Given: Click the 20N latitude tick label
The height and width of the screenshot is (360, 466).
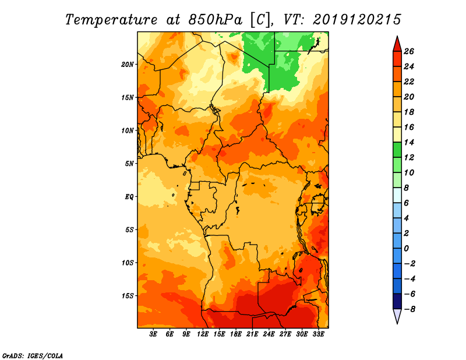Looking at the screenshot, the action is coord(127,65).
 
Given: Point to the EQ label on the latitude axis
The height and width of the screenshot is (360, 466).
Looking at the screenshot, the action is coord(129,197).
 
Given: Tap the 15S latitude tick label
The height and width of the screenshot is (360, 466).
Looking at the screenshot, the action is coord(128,296).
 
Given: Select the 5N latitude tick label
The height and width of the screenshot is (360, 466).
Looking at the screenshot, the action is coord(129,164).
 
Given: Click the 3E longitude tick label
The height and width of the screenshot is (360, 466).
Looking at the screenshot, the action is coord(153,334).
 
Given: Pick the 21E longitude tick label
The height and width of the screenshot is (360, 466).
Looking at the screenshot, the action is coord(252,334).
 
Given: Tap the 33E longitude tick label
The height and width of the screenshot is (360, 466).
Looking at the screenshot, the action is coord(318,334).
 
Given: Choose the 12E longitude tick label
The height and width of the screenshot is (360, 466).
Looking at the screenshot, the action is coord(203,334).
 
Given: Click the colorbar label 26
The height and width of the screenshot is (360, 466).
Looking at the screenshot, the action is coord(409,51).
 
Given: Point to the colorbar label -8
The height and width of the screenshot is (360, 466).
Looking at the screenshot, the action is coord(409,309).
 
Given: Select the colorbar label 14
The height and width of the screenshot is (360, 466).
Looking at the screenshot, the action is coord(409,142).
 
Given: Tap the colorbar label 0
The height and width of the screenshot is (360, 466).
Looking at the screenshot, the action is coord(406,249).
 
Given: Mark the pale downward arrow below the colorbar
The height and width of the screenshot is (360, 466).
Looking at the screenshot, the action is coord(397,315).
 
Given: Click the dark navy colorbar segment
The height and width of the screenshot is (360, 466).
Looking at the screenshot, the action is coord(397,301).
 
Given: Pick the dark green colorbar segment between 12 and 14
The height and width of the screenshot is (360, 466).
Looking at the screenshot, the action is coord(397,150).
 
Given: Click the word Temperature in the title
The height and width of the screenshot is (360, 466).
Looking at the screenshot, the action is coord(111,20).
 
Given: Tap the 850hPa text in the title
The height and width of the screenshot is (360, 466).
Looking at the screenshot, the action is coord(216,20).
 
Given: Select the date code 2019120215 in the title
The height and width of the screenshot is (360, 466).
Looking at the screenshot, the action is coord(357,20).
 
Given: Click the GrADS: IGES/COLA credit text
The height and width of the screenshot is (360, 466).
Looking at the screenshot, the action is coord(33,356).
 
